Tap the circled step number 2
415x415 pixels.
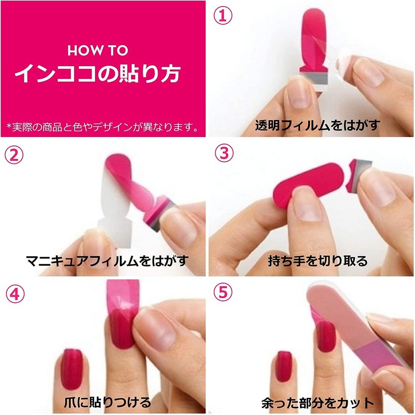(13, 154)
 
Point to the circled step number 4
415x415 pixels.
(13, 294)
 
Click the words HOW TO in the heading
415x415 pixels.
(98, 51)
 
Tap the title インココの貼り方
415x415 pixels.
(98, 74)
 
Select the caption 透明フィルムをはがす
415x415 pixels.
(317, 125)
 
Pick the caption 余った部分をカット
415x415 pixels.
(318, 402)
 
